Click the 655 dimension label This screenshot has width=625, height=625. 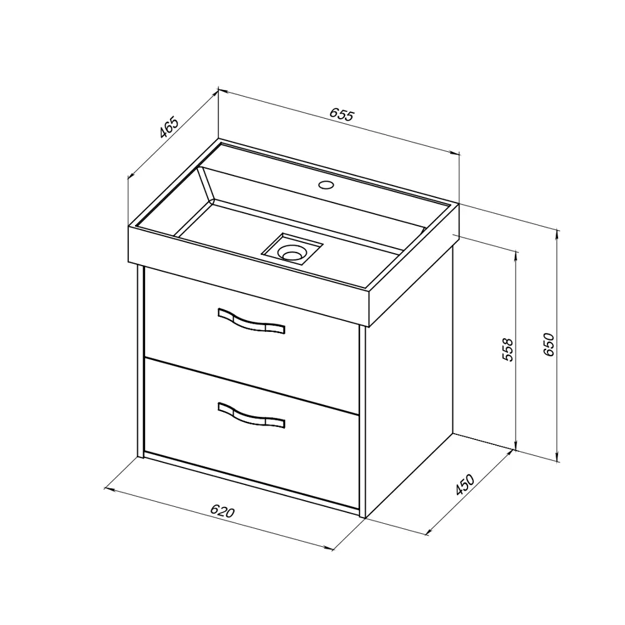click(x=342, y=115)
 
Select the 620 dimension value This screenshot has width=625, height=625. click(x=222, y=511)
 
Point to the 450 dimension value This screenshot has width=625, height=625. click(x=465, y=484)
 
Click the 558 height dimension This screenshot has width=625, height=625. click(x=508, y=349)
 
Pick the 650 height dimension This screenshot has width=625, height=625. click(x=549, y=344)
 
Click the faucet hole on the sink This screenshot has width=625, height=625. click(x=326, y=184)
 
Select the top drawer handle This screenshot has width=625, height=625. click(x=251, y=321)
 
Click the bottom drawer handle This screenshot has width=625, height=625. click(x=251, y=416)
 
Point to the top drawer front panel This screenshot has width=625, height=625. click(x=251, y=339)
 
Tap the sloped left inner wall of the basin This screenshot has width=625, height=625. click(x=206, y=184)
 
